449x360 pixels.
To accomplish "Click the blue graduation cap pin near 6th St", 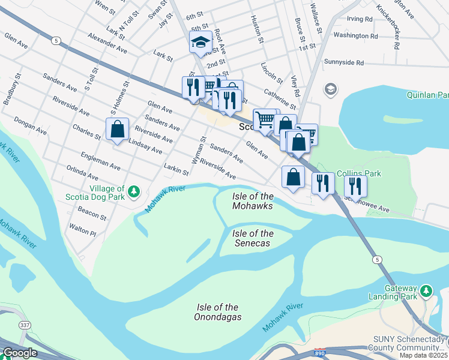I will pyautogui.click(x=201, y=43).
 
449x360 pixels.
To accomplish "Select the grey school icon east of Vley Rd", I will pyautogui.click(x=330, y=90).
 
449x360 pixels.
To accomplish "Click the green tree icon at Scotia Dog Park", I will pyautogui.click(x=135, y=191).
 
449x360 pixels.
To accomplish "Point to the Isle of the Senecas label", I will pyautogui.click(x=253, y=238).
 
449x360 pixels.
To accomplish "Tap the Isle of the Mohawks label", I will pyautogui.click(x=253, y=201).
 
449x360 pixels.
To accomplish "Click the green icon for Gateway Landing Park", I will pyautogui.click(x=426, y=291).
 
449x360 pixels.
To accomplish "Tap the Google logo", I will pyautogui.click(x=19, y=353).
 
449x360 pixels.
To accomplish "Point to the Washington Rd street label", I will pyautogui.click(x=356, y=36).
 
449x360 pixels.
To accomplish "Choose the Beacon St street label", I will pyautogui.click(x=92, y=213).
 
